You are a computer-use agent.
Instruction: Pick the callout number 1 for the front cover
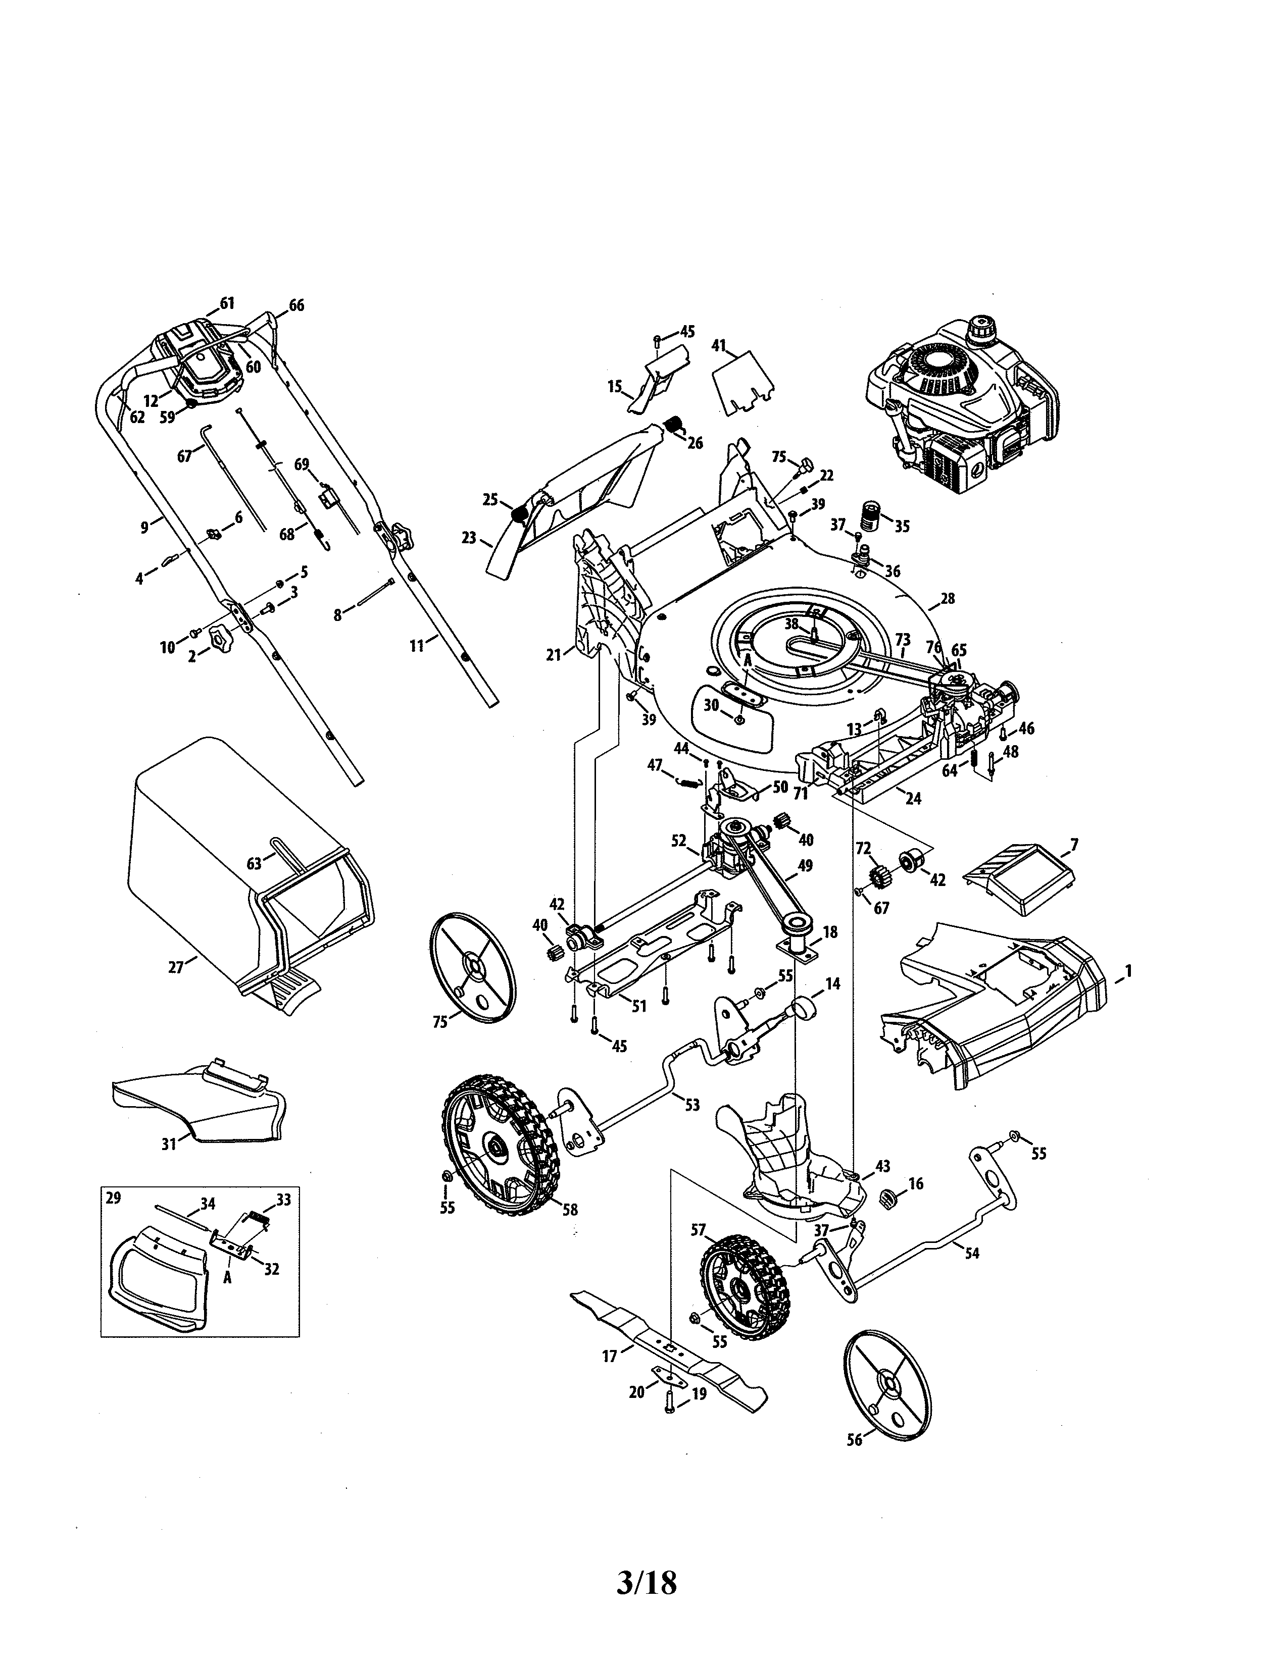[x=1128, y=972]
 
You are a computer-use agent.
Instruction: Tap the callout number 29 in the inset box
[x=113, y=1198]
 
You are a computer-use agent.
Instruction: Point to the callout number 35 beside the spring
[x=902, y=527]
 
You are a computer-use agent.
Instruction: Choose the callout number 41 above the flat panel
[x=719, y=345]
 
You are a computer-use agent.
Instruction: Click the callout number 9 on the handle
[x=144, y=527]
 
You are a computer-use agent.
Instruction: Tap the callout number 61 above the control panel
[x=227, y=303]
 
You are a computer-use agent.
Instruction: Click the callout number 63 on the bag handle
[x=254, y=863]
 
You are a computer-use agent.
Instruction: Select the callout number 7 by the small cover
[x=1074, y=845]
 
